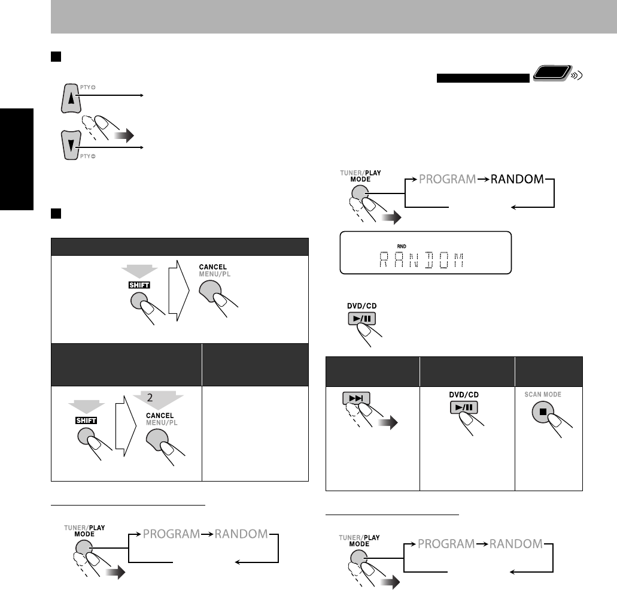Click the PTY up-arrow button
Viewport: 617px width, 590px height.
(x=72, y=98)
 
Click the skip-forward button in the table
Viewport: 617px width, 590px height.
(x=356, y=399)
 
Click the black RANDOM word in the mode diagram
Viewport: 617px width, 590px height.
(x=518, y=178)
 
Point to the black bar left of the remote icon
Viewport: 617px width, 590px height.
(x=482, y=78)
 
